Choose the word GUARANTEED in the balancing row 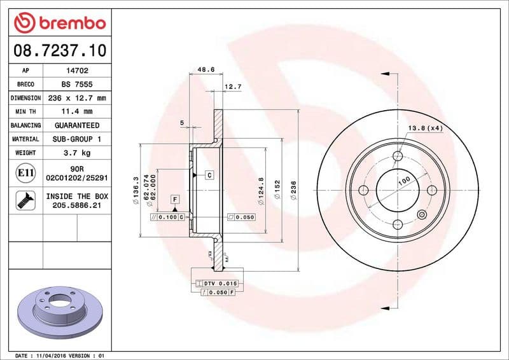coord(77,125)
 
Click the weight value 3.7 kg coord(77,153)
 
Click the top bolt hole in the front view coord(398,156)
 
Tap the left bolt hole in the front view coord(365,190)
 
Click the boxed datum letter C coord(208,174)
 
